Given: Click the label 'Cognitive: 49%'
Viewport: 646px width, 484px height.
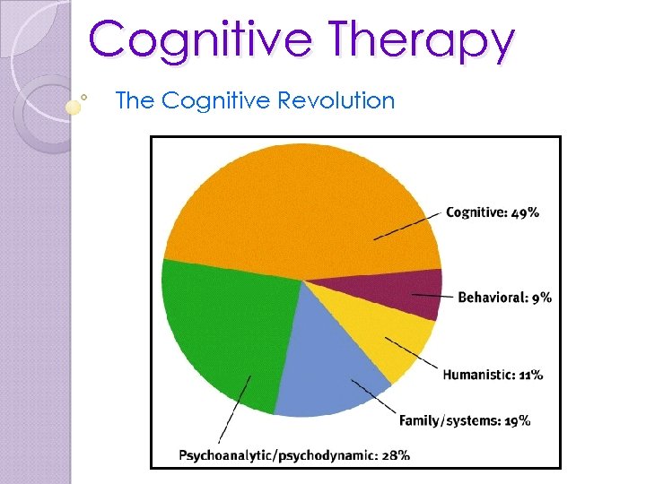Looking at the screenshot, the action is [x=493, y=212].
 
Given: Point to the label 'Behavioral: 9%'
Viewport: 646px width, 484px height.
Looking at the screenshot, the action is [x=505, y=297].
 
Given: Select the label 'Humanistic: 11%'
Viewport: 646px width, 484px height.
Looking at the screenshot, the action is [x=493, y=375].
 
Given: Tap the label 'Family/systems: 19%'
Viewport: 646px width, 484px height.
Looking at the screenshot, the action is [x=465, y=419].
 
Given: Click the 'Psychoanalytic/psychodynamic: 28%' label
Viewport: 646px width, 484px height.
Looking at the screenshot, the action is [x=294, y=454].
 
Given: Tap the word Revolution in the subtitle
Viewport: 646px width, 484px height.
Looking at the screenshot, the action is [x=336, y=100].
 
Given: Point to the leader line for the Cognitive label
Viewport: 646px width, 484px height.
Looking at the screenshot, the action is [x=408, y=226].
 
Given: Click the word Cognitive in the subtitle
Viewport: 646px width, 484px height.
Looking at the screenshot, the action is [x=216, y=100].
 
